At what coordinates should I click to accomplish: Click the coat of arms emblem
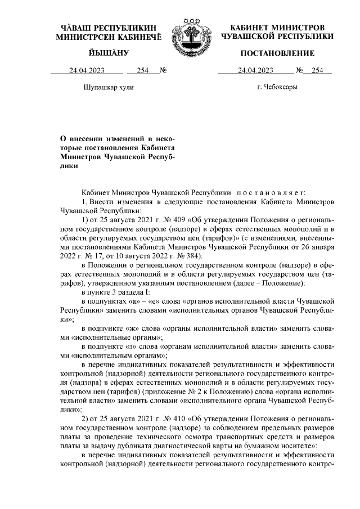pyautogui.click(x=187, y=31)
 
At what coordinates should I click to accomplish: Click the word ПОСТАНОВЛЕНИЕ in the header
pyautogui.click(x=277, y=53)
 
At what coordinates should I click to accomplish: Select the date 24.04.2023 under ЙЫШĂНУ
pyautogui.click(x=87, y=71)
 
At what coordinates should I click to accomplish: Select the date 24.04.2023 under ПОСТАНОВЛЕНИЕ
pyautogui.click(x=255, y=71)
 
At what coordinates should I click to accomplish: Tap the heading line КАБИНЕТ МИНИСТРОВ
pyautogui.click(x=277, y=28)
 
